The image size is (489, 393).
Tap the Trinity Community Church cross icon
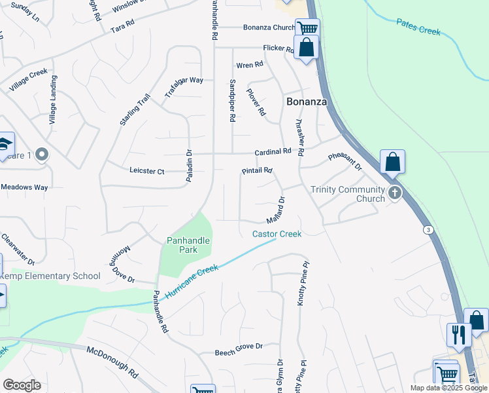click(395, 193)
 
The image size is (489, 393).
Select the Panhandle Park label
click(188, 245)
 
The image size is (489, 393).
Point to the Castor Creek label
click(277, 234)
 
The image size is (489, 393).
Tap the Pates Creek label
click(418, 27)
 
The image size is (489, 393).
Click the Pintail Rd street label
click(256, 171)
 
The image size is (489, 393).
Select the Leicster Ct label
click(147, 172)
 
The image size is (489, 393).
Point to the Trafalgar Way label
click(184, 88)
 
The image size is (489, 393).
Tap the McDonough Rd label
click(112, 362)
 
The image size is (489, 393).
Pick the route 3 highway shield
click(428, 230)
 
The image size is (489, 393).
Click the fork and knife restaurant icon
click(459, 334)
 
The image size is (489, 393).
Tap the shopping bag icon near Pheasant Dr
click(392, 161)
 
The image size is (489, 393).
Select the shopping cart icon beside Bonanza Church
click(307, 28)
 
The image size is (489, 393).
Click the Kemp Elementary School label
click(50, 276)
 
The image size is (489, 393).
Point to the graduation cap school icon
click(4, 143)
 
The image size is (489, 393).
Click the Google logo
click(22, 385)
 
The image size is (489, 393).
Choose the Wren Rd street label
click(249, 65)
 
